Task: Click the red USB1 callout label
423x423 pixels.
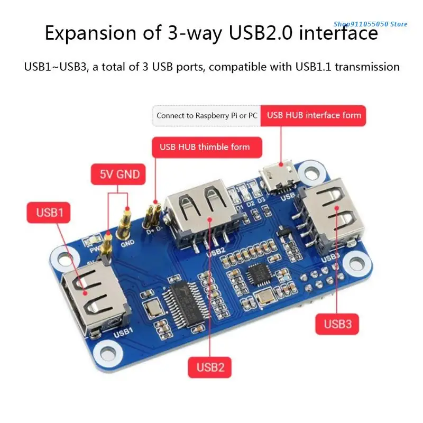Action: click(50, 213)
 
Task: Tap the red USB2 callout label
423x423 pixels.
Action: click(210, 366)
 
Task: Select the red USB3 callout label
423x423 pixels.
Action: click(337, 323)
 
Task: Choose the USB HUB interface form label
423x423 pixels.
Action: click(314, 115)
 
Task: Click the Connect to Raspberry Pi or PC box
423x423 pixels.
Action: click(207, 115)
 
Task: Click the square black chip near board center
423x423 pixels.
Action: click(258, 275)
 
